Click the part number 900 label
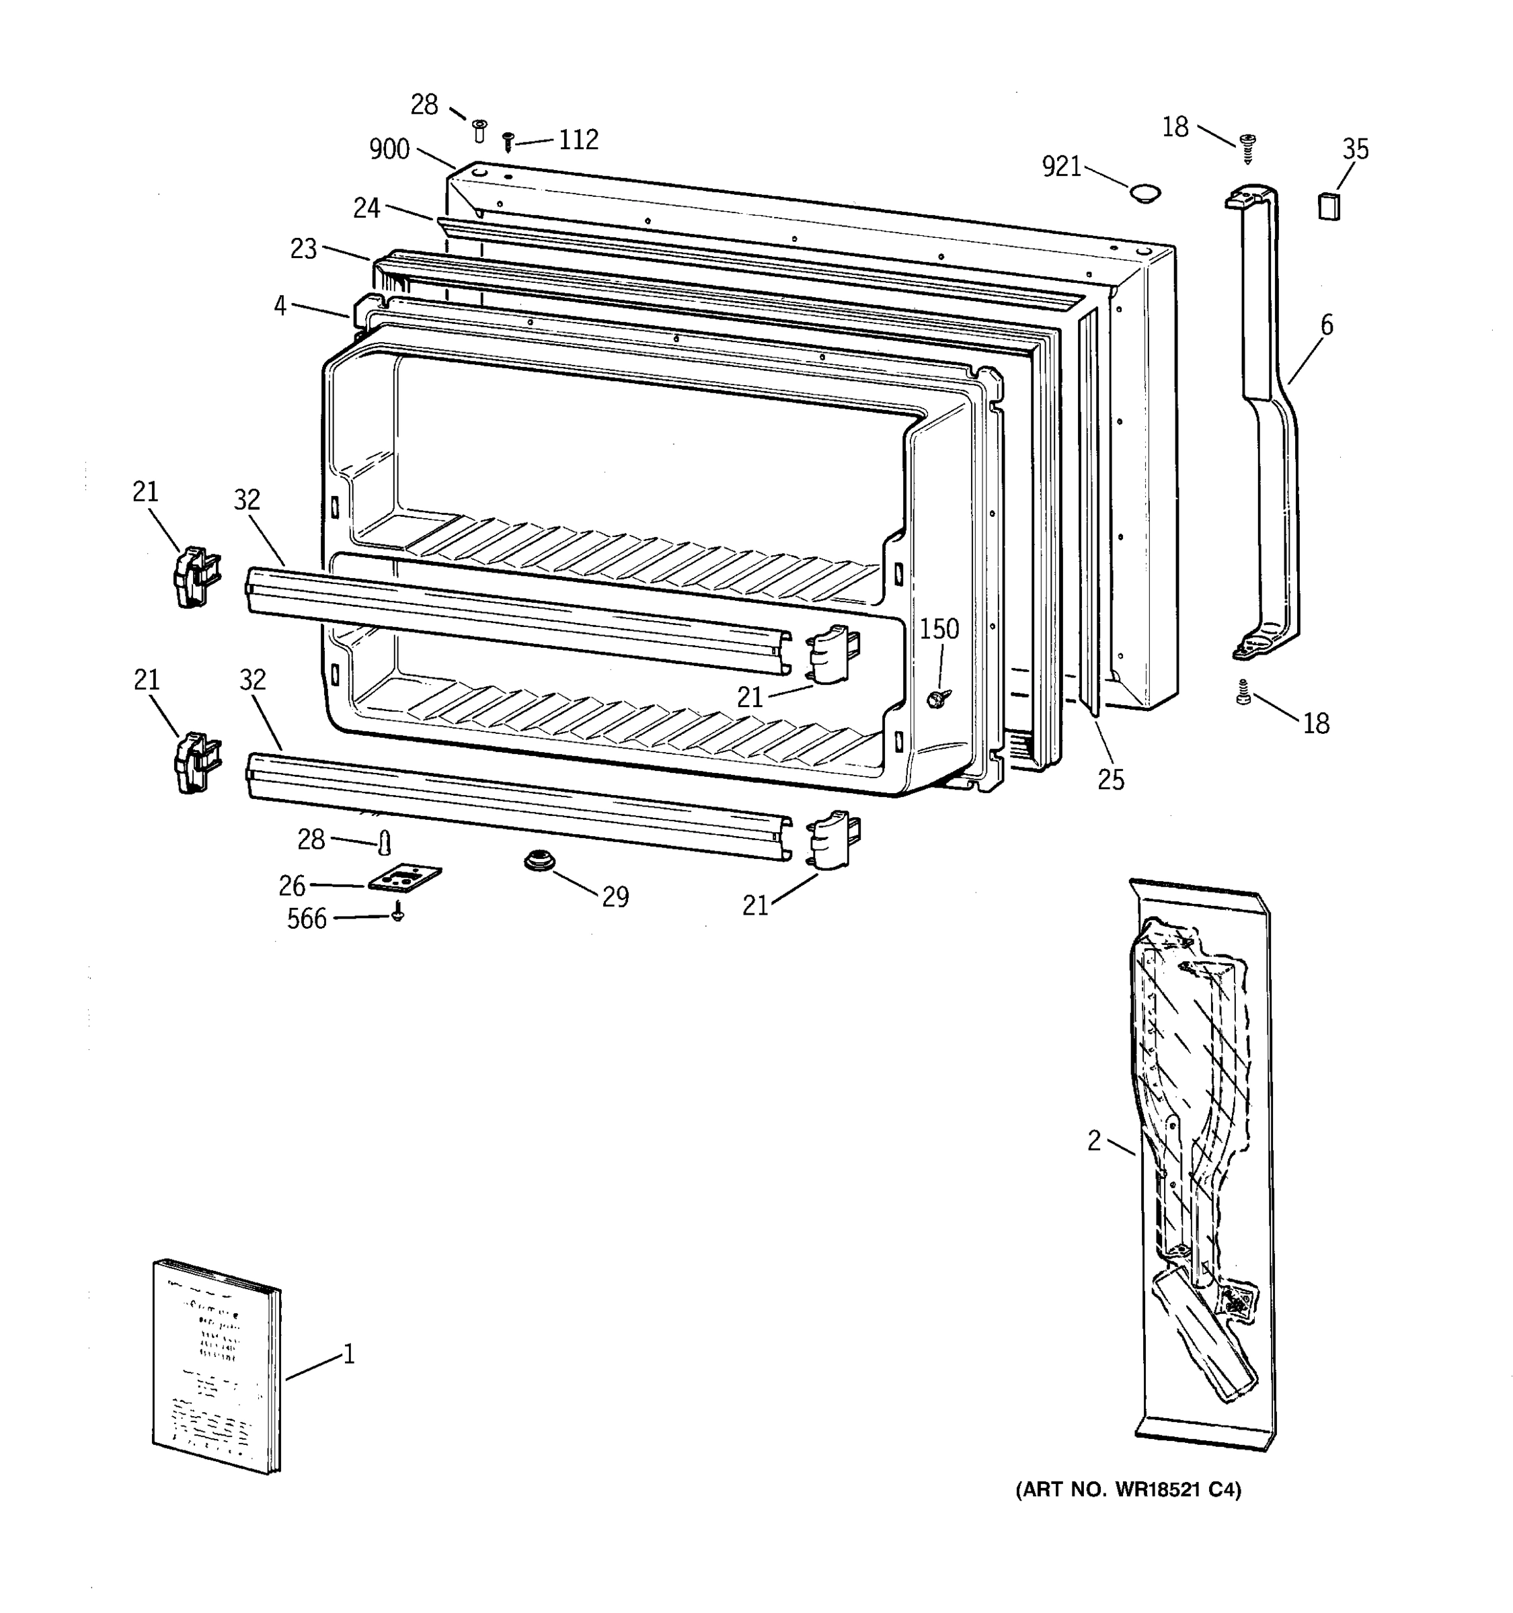389,149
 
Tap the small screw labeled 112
509,142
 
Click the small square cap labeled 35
1329,206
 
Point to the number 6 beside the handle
1326,325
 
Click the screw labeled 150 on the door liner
941,697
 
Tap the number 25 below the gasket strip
1111,780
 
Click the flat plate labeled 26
404,877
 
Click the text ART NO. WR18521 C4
1128,1489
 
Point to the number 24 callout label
366,208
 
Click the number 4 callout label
280,306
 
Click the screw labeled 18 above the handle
1248,149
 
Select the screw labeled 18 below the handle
1243,692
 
